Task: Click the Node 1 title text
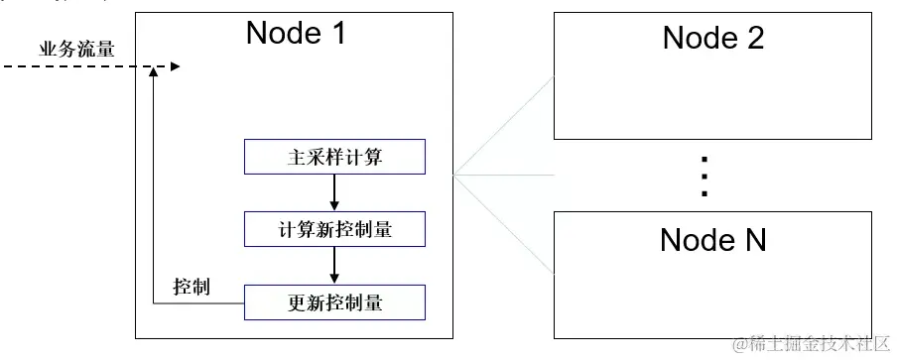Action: [297, 34]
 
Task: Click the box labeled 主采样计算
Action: [335, 158]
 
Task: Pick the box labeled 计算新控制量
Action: [335, 229]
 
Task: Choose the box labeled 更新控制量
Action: [335, 302]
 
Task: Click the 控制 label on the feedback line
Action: [191, 288]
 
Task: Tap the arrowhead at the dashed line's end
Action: [175, 67]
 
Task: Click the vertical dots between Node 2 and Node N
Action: [705, 177]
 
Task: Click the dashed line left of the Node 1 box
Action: [69, 67]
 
